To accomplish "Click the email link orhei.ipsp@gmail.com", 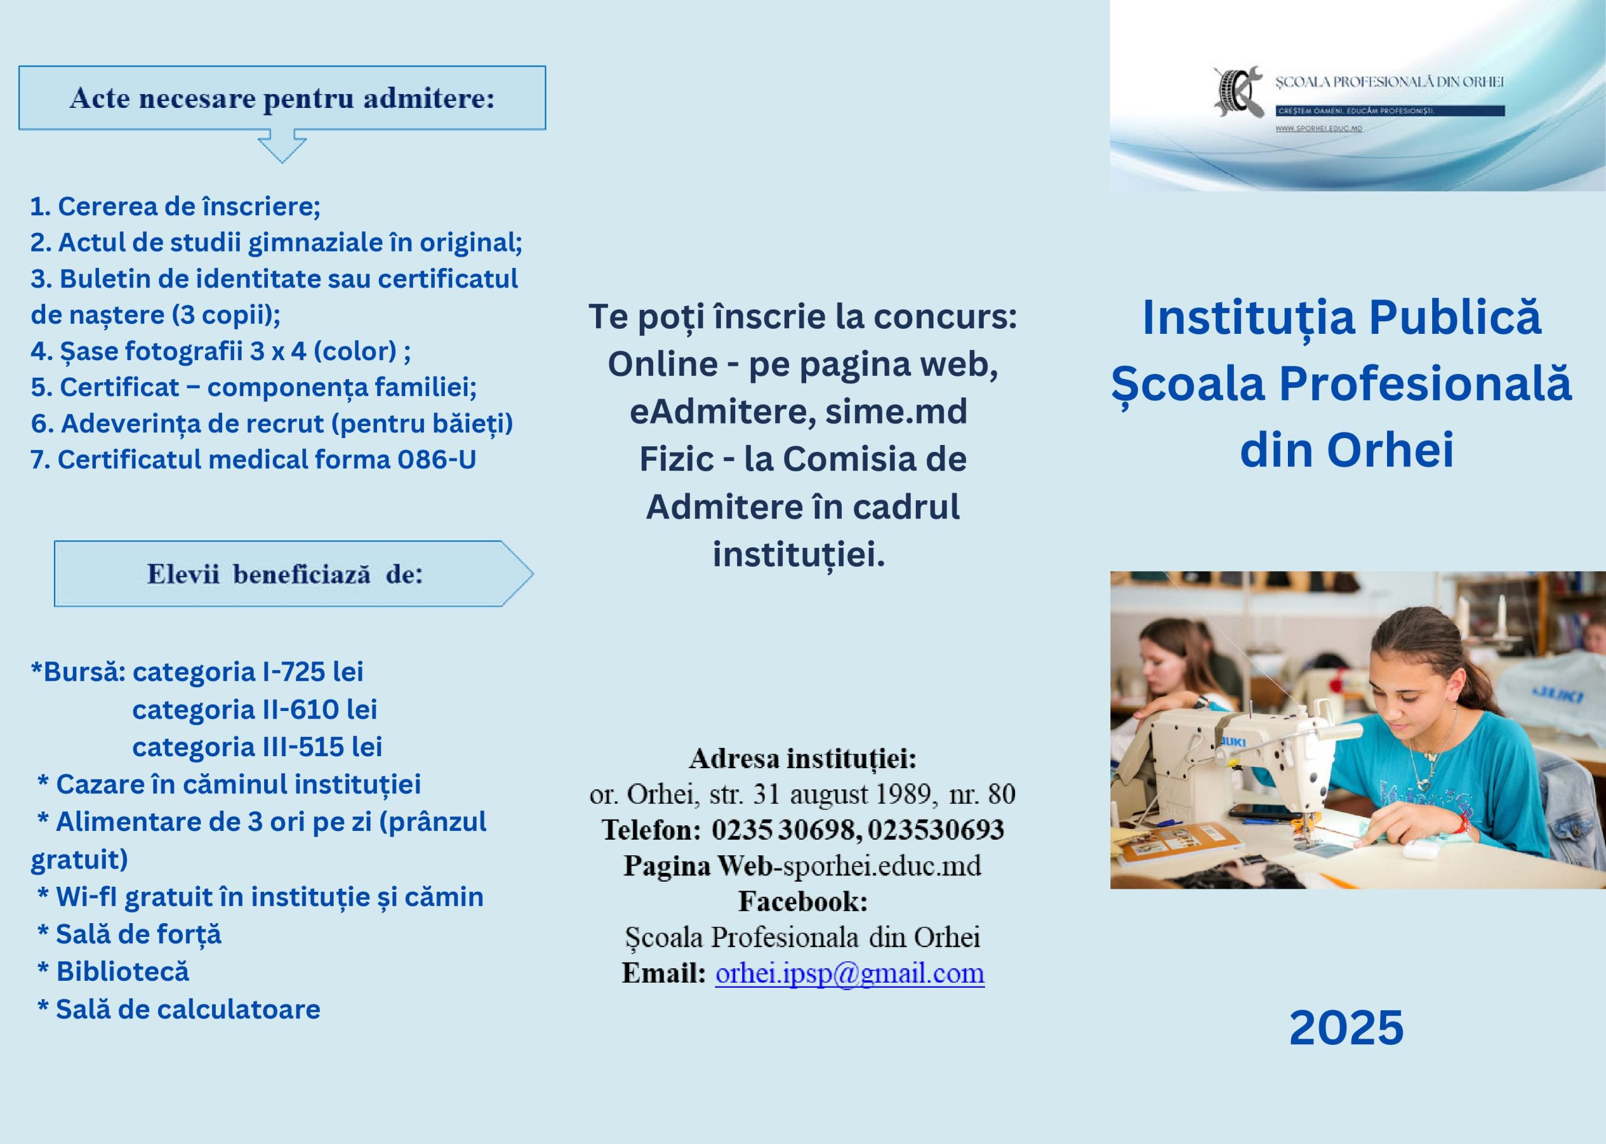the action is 850,973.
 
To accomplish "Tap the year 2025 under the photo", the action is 1346,1028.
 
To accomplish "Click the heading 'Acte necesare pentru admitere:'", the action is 282,98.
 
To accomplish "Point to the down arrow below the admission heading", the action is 282,146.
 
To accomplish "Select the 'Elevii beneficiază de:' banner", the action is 294,574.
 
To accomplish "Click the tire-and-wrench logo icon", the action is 1238,92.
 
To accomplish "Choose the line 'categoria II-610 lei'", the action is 255,709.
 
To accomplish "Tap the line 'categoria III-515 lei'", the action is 257,747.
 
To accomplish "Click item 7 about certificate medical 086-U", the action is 253,459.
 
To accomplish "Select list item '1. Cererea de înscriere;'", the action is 175,206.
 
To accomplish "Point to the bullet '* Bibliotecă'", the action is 114,971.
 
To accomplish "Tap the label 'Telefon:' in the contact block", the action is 651,830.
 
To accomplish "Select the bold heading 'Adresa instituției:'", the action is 802,759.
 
